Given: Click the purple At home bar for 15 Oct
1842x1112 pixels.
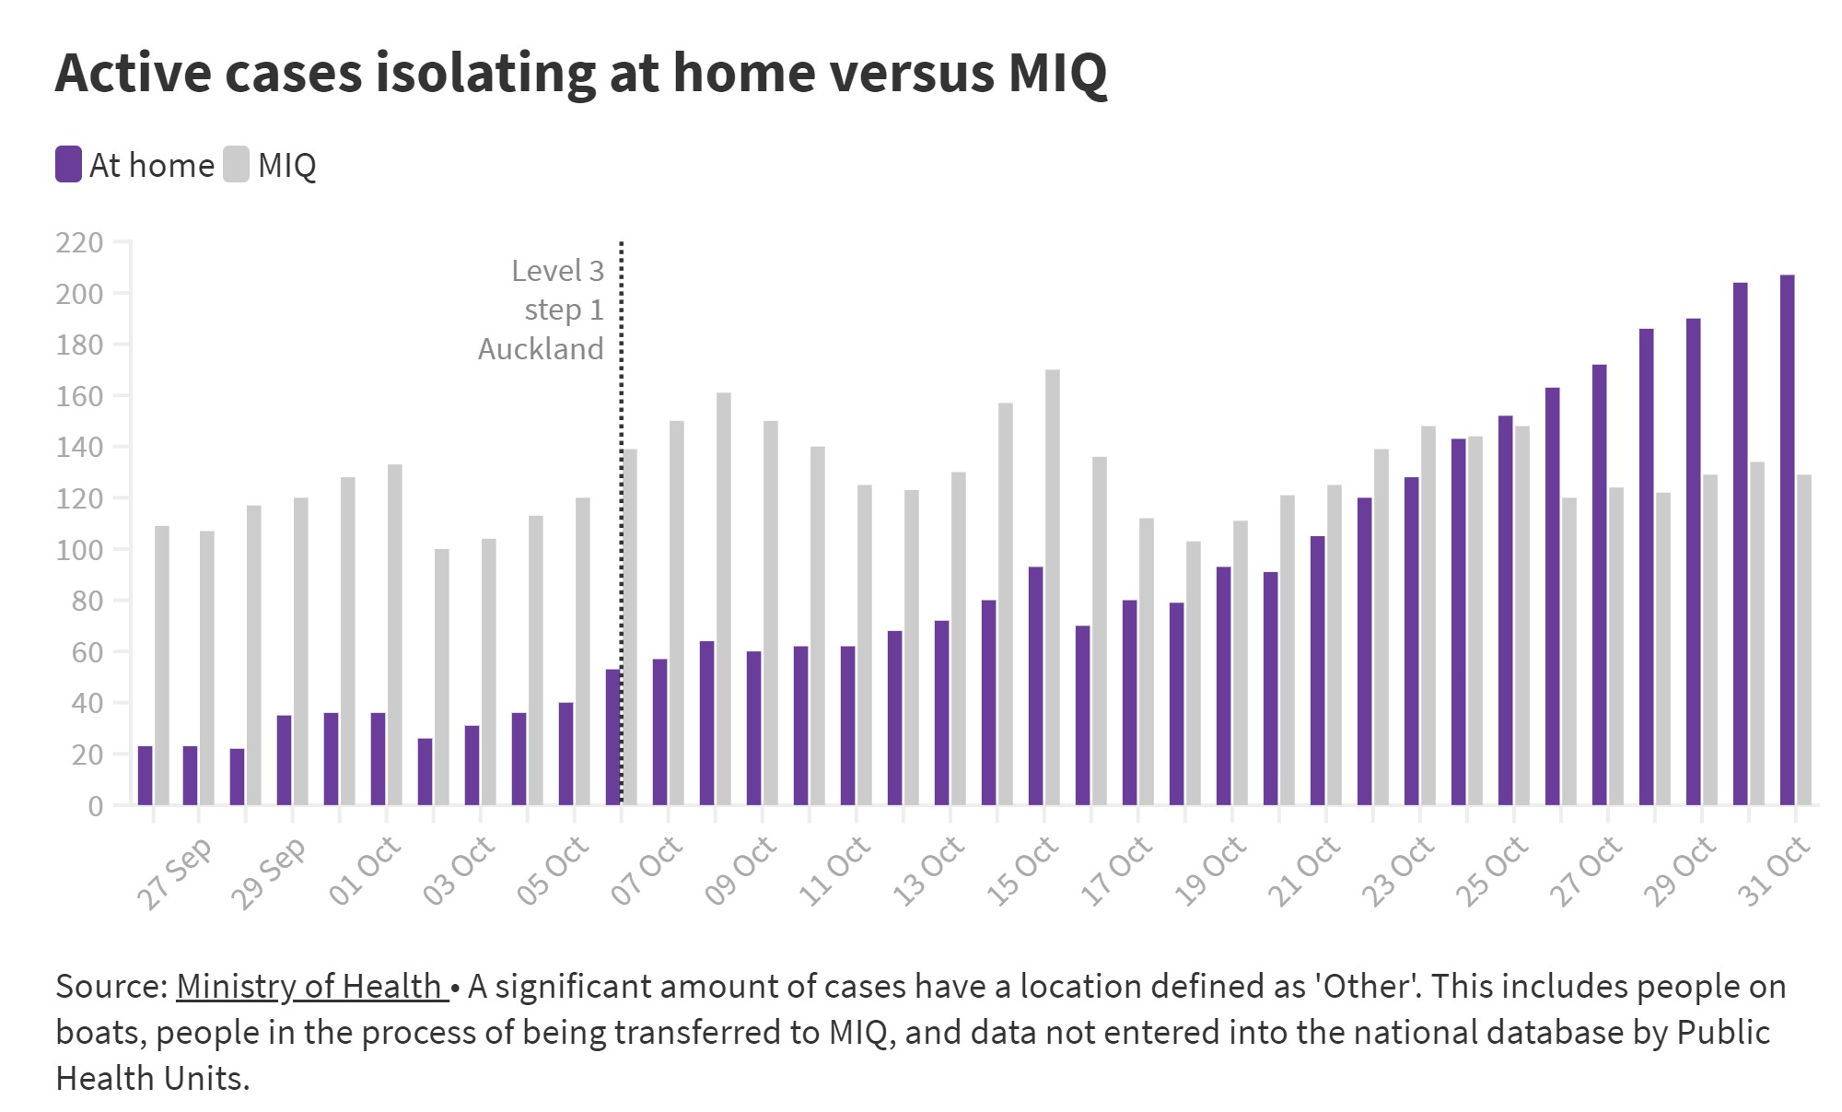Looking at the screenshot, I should tap(1035, 685).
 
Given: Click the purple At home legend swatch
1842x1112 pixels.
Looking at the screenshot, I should tap(68, 165).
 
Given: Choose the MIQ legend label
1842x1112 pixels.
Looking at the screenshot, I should tap(286, 166).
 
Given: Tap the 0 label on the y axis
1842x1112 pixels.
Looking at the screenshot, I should tap(95, 806).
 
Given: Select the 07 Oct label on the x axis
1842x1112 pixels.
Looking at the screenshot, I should tap(647, 871).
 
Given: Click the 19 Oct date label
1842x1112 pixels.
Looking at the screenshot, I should tap(1210, 871).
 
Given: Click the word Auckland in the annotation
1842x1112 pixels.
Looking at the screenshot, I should tap(541, 349).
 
